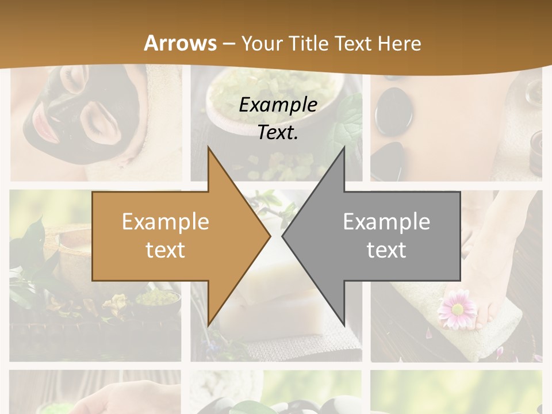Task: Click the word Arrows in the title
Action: [x=181, y=43]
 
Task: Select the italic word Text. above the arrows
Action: [x=278, y=133]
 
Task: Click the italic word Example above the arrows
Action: [x=278, y=105]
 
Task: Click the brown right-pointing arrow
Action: [x=172, y=236]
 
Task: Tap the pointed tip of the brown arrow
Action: [x=269, y=236]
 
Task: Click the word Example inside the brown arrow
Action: [x=166, y=221]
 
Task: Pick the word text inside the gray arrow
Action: [x=386, y=250]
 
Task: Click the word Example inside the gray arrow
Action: [x=386, y=221]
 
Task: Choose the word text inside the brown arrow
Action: [x=166, y=250]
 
